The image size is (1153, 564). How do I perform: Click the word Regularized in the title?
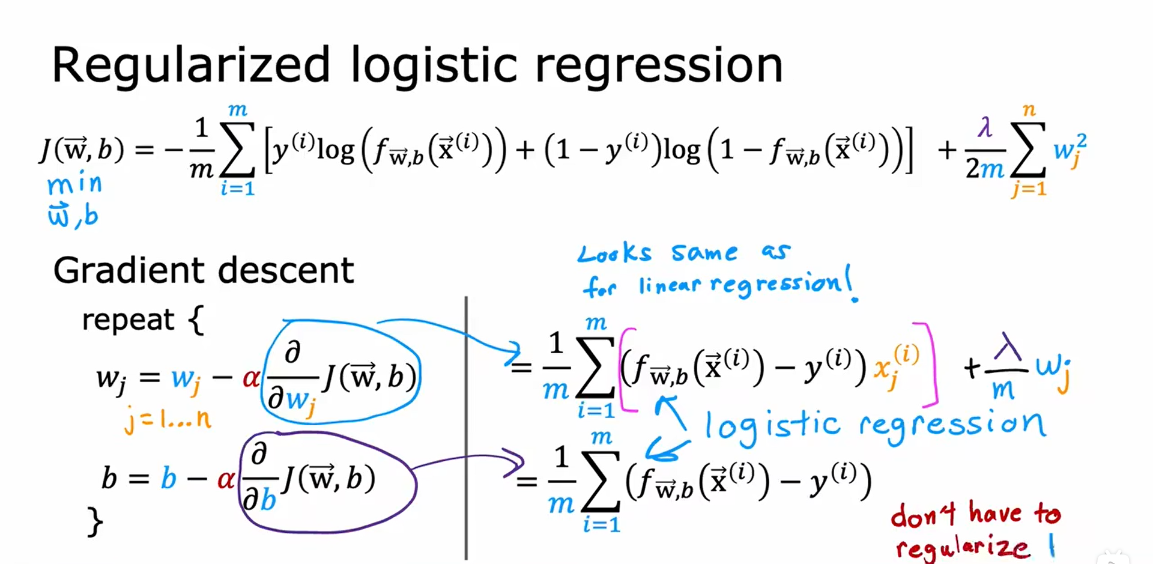191,65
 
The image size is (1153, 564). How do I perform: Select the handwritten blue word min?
74,184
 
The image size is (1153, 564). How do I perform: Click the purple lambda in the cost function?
984,127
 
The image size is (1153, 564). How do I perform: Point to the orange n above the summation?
1029,110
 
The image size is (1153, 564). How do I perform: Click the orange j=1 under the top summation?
1029,189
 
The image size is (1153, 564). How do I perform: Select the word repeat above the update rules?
128,319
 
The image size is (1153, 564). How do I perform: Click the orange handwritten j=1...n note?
168,419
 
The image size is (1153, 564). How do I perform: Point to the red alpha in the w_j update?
251,378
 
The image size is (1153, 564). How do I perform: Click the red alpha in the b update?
226,479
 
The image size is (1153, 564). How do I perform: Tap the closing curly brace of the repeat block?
95,521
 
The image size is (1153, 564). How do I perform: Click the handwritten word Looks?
614,253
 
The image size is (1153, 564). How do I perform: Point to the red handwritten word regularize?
963,547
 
